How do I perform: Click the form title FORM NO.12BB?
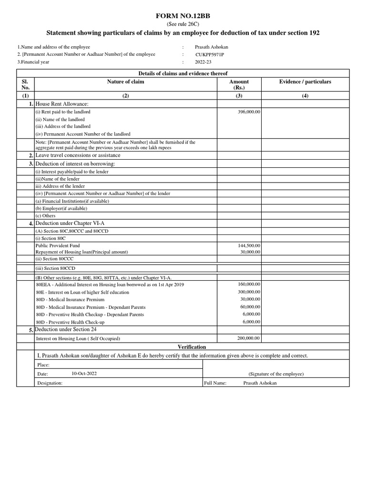183,16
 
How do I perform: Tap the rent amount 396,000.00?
249,112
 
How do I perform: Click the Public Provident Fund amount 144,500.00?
249,245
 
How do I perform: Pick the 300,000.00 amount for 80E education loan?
249,292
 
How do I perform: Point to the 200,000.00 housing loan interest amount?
249,338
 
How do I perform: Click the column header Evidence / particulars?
305,82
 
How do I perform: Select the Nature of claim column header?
126,82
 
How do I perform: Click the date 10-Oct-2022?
84,374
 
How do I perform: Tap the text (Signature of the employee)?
276,374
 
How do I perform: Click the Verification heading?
192,347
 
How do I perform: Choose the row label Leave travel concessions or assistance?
78,155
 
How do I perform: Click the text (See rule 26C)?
183,24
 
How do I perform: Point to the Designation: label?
50,383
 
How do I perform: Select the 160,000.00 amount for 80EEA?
249,284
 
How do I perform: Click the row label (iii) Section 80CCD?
53,268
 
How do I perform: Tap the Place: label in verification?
43,365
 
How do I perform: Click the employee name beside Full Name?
259,383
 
